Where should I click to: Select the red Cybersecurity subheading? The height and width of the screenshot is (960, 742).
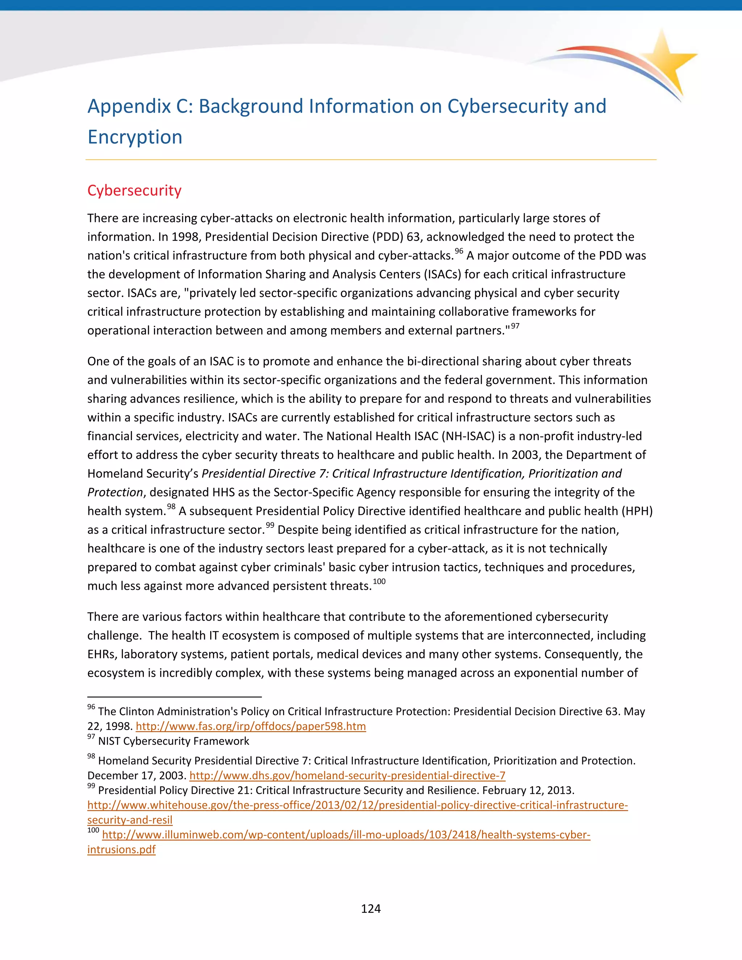click(x=134, y=190)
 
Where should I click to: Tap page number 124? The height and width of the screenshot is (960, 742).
click(x=371, y=909)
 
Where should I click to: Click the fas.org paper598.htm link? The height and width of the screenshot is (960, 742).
click(x=251, y=726)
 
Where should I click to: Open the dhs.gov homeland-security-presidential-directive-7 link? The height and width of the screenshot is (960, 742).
click(x=347, y=775)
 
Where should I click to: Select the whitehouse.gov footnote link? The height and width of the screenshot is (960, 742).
click(x=357, y=805)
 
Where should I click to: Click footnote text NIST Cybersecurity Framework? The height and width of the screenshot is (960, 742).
click(x=173, y=741)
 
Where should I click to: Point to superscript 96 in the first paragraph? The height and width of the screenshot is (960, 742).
click(x=459, y=251)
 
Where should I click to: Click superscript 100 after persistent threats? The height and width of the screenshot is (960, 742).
click(x=379, y=581)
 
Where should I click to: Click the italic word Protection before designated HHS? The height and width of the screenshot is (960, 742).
click(x=115, y=492)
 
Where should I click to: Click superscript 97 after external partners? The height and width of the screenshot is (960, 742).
click(x=515, y=326)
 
